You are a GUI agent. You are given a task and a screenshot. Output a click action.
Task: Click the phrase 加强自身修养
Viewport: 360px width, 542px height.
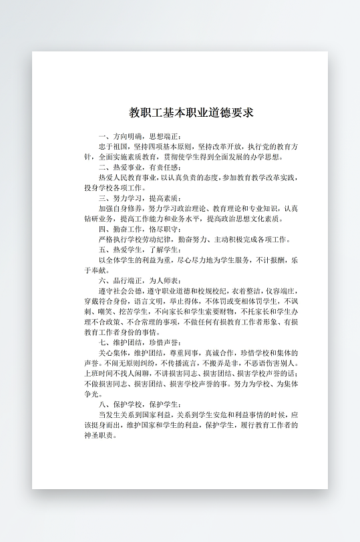click(x=119, y=208)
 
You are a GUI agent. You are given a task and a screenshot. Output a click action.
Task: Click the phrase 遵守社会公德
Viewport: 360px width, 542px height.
click(x=119, y=290)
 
